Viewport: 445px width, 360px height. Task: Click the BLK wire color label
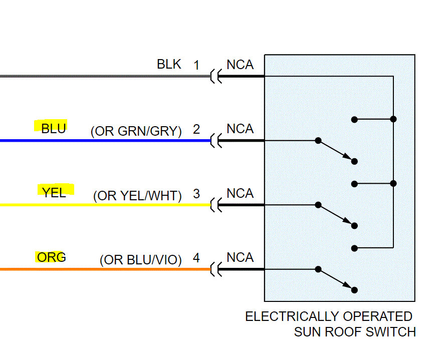[x=169, y=64]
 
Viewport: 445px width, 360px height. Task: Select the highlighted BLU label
[x=53, y=129]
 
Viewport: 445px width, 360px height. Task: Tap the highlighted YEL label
[x=54, y=193]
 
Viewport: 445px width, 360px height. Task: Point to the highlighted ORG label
[x=52, y=257]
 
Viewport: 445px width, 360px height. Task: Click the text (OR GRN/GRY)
[x=136, y=131]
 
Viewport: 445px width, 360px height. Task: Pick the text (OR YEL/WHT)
[x=137, y=196]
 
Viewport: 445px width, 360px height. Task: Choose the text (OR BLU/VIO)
[x=141, y=260]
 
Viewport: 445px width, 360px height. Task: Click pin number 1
[x=196, y=65]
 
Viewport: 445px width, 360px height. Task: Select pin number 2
[x=196, y=130]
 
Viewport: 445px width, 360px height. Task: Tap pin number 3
[x=196, y=194]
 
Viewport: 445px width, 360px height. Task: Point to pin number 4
[x=196, y=258]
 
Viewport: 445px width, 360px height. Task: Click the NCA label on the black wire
[x=240, y=65]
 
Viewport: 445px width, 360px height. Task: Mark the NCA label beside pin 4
[x=240, y=258]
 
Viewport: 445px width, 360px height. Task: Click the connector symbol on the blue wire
[x=216, y=141]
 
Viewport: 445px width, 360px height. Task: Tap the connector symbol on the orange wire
[x=216, y=269]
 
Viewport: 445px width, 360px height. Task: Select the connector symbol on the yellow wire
[x=216, y=205]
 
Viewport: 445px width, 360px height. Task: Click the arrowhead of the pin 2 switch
[x=347, y=157]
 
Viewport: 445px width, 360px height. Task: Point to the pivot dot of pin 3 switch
[x=318, y=205]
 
